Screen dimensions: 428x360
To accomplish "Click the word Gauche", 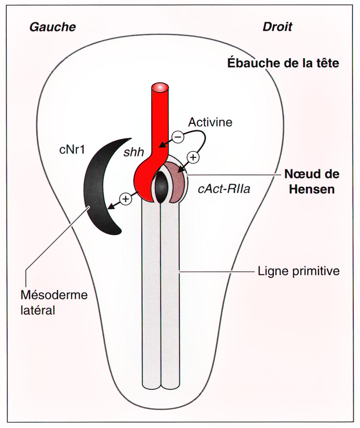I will (53, 27).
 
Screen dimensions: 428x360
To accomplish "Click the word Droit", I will (277, 27).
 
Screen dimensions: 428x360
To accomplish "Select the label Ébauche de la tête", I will (283, 63).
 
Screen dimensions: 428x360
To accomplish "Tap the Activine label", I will (210, 122).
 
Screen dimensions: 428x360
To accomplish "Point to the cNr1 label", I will (72, 149).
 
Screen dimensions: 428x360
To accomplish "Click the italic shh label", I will (134, 152).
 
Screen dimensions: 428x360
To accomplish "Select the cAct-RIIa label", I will (224, 189).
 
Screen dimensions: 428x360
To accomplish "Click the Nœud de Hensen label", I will (311, 181).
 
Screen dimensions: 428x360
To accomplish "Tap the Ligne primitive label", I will (299, 271).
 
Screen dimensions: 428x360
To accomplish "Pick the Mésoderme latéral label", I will (54, 302).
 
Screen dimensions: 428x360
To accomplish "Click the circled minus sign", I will (178, 137).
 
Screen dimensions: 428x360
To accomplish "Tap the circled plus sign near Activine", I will (193, 157).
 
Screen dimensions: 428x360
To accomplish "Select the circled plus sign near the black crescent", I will (126, 199).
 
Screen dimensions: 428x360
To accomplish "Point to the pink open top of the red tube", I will (160, 87).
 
